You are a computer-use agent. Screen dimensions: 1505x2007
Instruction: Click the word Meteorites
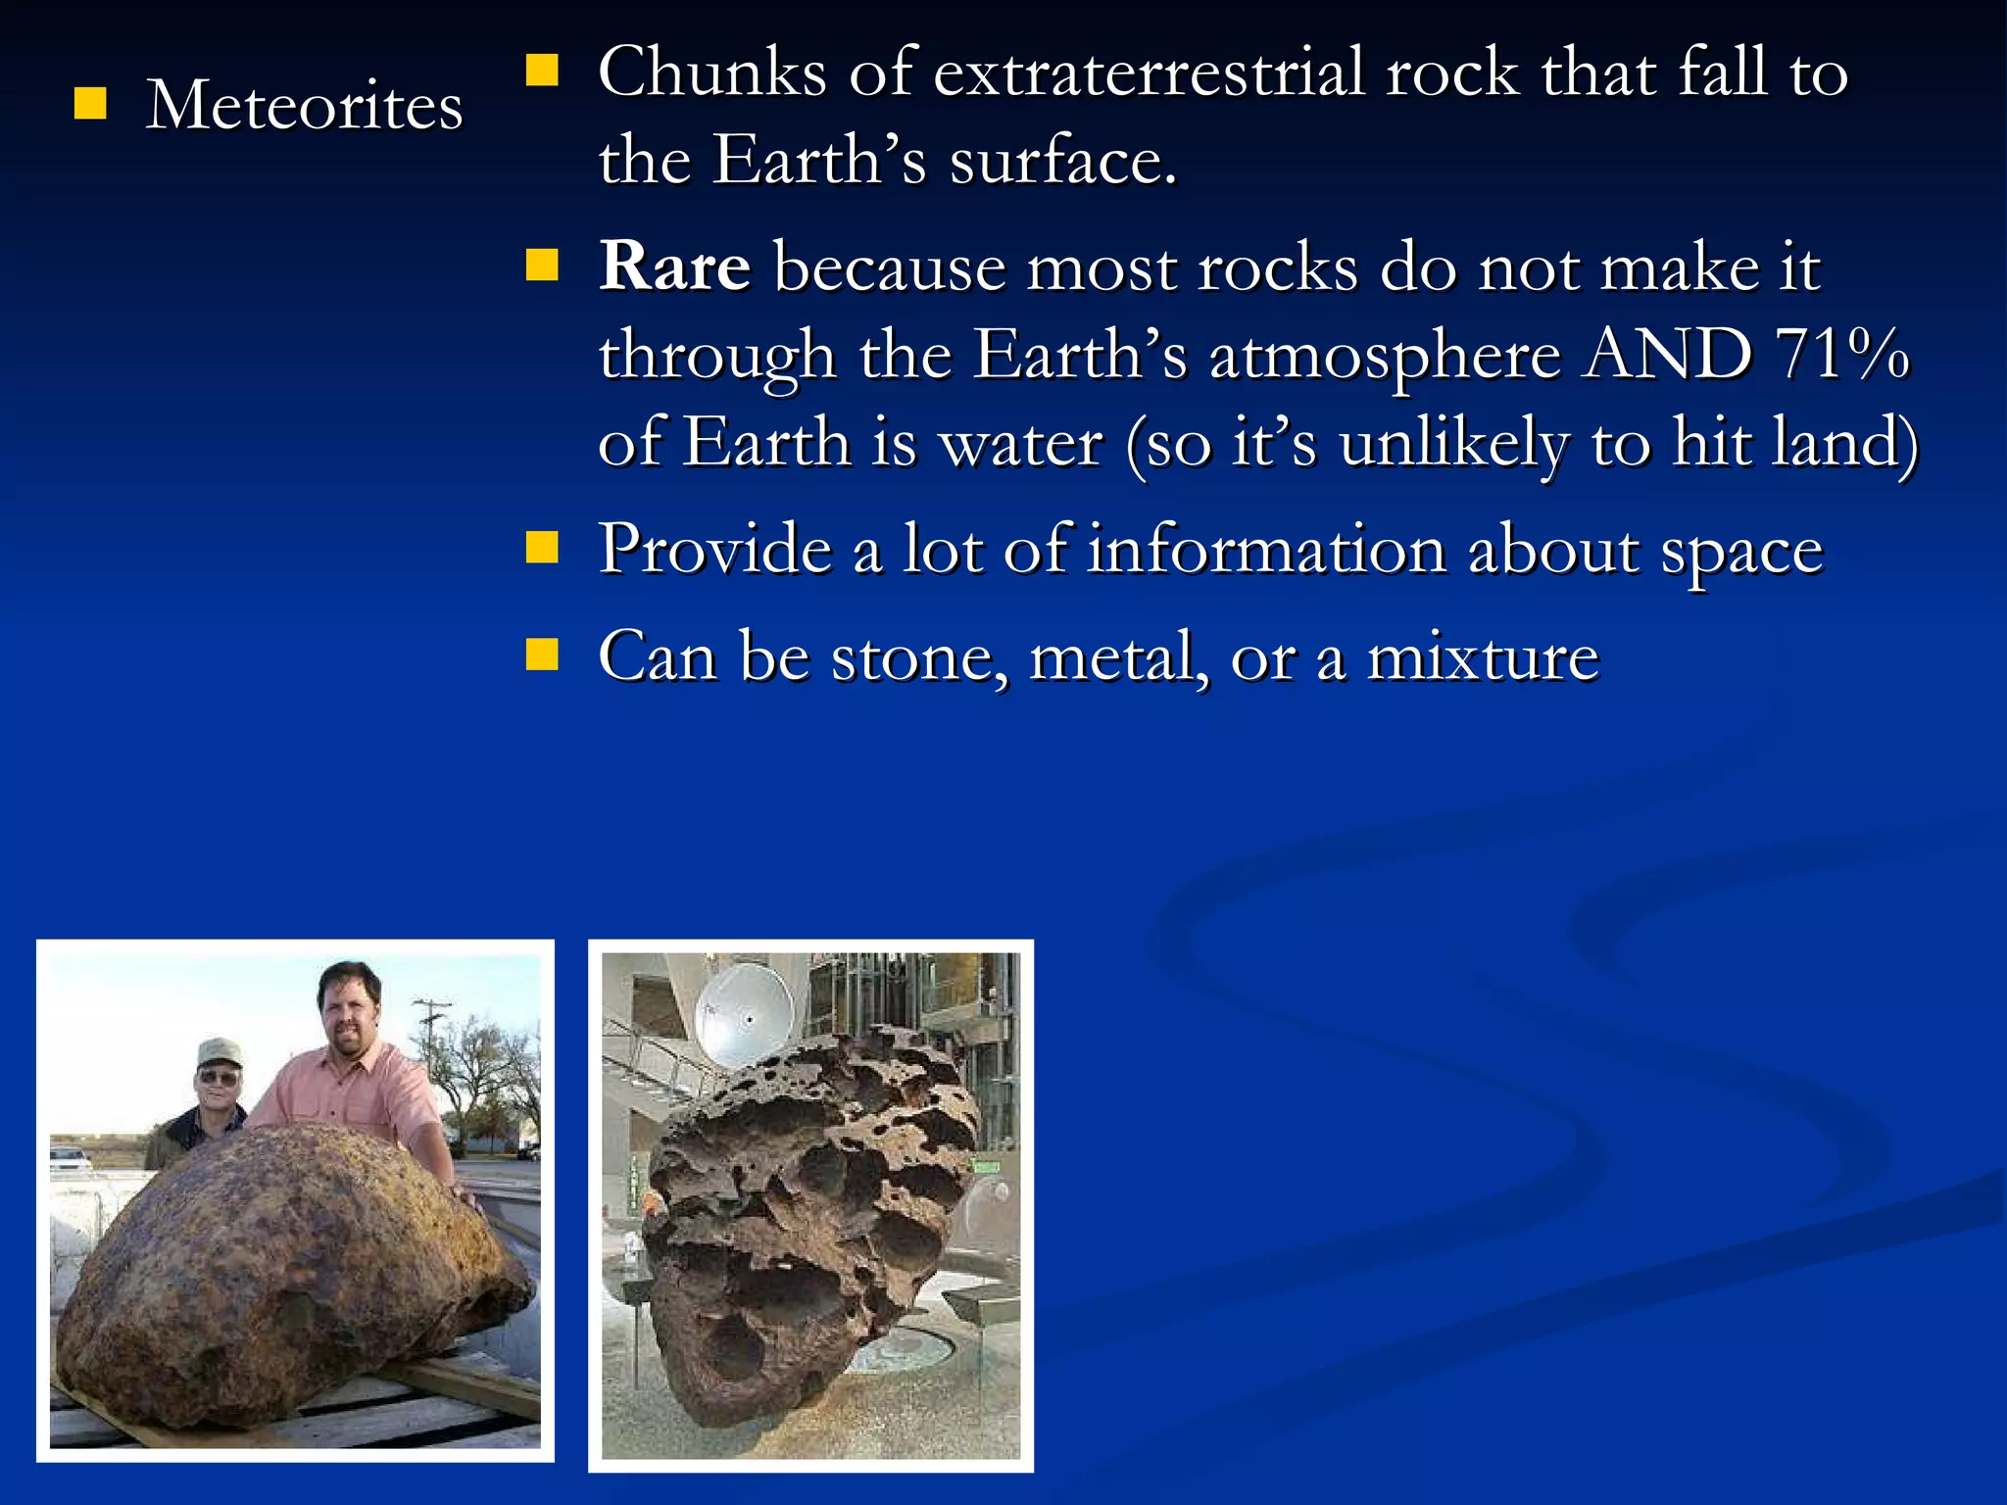coord(304,105)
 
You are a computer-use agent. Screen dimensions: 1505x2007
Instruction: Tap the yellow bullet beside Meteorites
coord(90,103)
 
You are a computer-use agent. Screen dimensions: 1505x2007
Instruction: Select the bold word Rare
coord(675,266)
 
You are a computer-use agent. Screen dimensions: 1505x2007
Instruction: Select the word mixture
coord(1483,656)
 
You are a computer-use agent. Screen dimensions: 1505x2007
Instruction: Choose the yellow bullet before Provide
coord(542,548)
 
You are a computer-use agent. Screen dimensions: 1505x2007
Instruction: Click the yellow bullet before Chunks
coord(542,71)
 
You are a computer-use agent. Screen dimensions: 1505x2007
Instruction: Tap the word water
coord(1020,443)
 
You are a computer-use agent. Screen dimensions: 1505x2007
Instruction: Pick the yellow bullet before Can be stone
coord(542,655)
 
